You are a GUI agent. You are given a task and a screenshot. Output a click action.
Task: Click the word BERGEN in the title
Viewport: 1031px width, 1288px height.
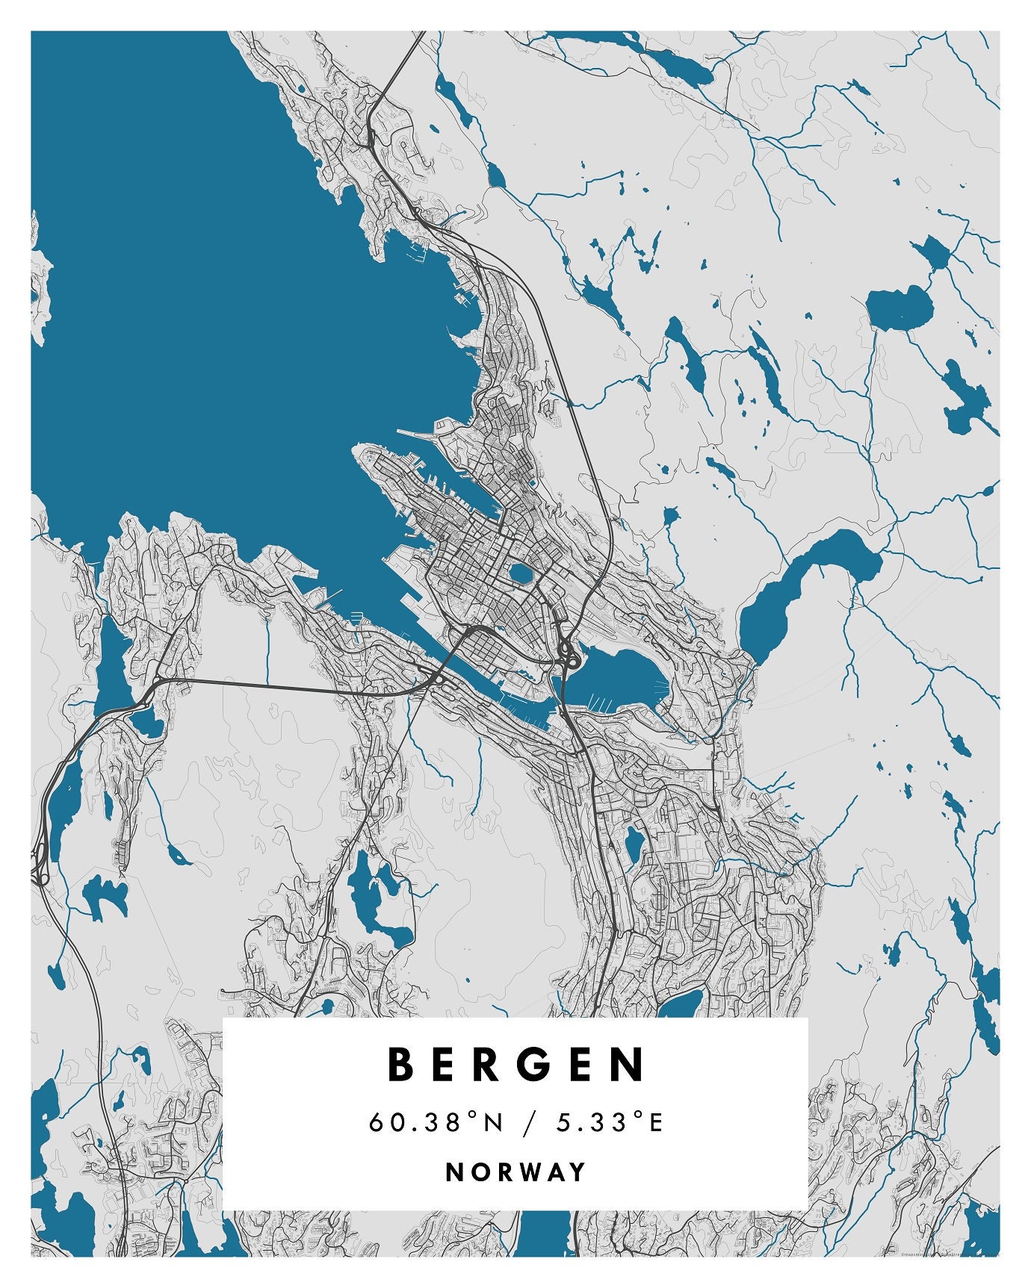pos(515,1064)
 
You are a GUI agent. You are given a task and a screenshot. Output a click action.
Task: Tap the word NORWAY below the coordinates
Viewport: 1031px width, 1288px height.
pos(515,1172)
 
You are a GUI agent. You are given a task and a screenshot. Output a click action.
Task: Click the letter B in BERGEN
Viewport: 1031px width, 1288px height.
pos(401,1064)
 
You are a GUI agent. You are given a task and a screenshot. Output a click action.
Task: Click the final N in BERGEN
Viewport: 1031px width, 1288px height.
pos(630,1064)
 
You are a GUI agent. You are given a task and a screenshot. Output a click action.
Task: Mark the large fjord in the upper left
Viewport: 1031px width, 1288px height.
pos(224,299)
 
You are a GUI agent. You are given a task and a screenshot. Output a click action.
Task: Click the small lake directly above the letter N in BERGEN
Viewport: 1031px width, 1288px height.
pos(680,1004)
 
